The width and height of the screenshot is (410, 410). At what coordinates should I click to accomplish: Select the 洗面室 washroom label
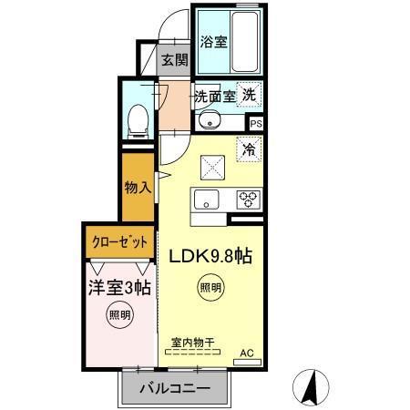coord(215,95)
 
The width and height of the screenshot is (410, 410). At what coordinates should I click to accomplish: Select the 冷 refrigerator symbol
coord(248,146)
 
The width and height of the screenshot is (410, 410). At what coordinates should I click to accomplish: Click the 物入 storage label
coord(138,189)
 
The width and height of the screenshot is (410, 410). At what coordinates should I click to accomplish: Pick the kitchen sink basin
coord(206,200)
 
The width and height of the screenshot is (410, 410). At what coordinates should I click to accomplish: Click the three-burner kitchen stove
coord(248,200)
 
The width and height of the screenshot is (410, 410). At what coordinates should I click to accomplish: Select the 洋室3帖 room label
coord(119,287)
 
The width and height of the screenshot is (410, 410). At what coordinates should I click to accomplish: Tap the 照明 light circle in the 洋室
coord(119,317)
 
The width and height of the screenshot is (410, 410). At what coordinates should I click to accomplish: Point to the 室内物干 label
coord(191,343)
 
